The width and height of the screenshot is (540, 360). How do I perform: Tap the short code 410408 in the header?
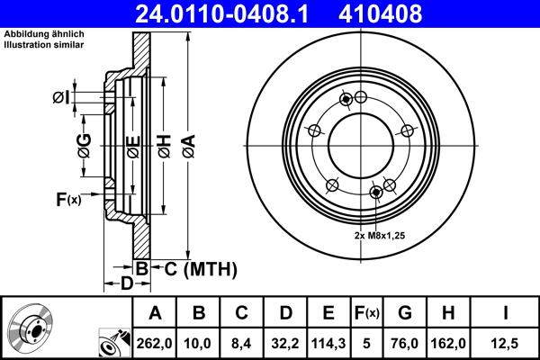392,13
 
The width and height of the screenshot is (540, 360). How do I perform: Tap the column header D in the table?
285,313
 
